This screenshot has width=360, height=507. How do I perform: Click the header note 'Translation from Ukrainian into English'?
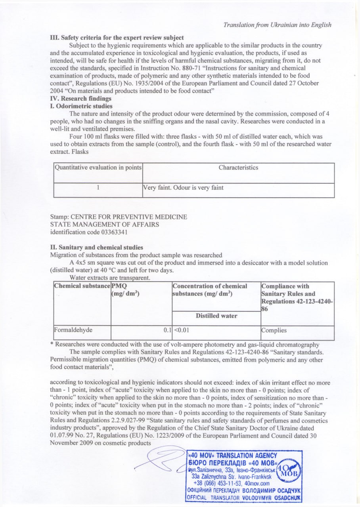277,25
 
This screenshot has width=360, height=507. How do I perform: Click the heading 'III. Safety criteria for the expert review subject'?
117,38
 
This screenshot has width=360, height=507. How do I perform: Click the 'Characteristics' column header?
238,168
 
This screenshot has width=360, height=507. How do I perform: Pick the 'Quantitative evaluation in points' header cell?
98,168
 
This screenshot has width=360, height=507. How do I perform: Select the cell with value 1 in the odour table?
98,188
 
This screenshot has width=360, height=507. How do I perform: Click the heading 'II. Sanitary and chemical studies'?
96,248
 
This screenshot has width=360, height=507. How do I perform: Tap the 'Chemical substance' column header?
82,286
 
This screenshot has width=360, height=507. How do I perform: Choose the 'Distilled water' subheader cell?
216,316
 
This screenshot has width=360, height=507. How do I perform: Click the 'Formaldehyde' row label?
71,330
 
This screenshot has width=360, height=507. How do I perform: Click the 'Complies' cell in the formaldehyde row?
274,330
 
